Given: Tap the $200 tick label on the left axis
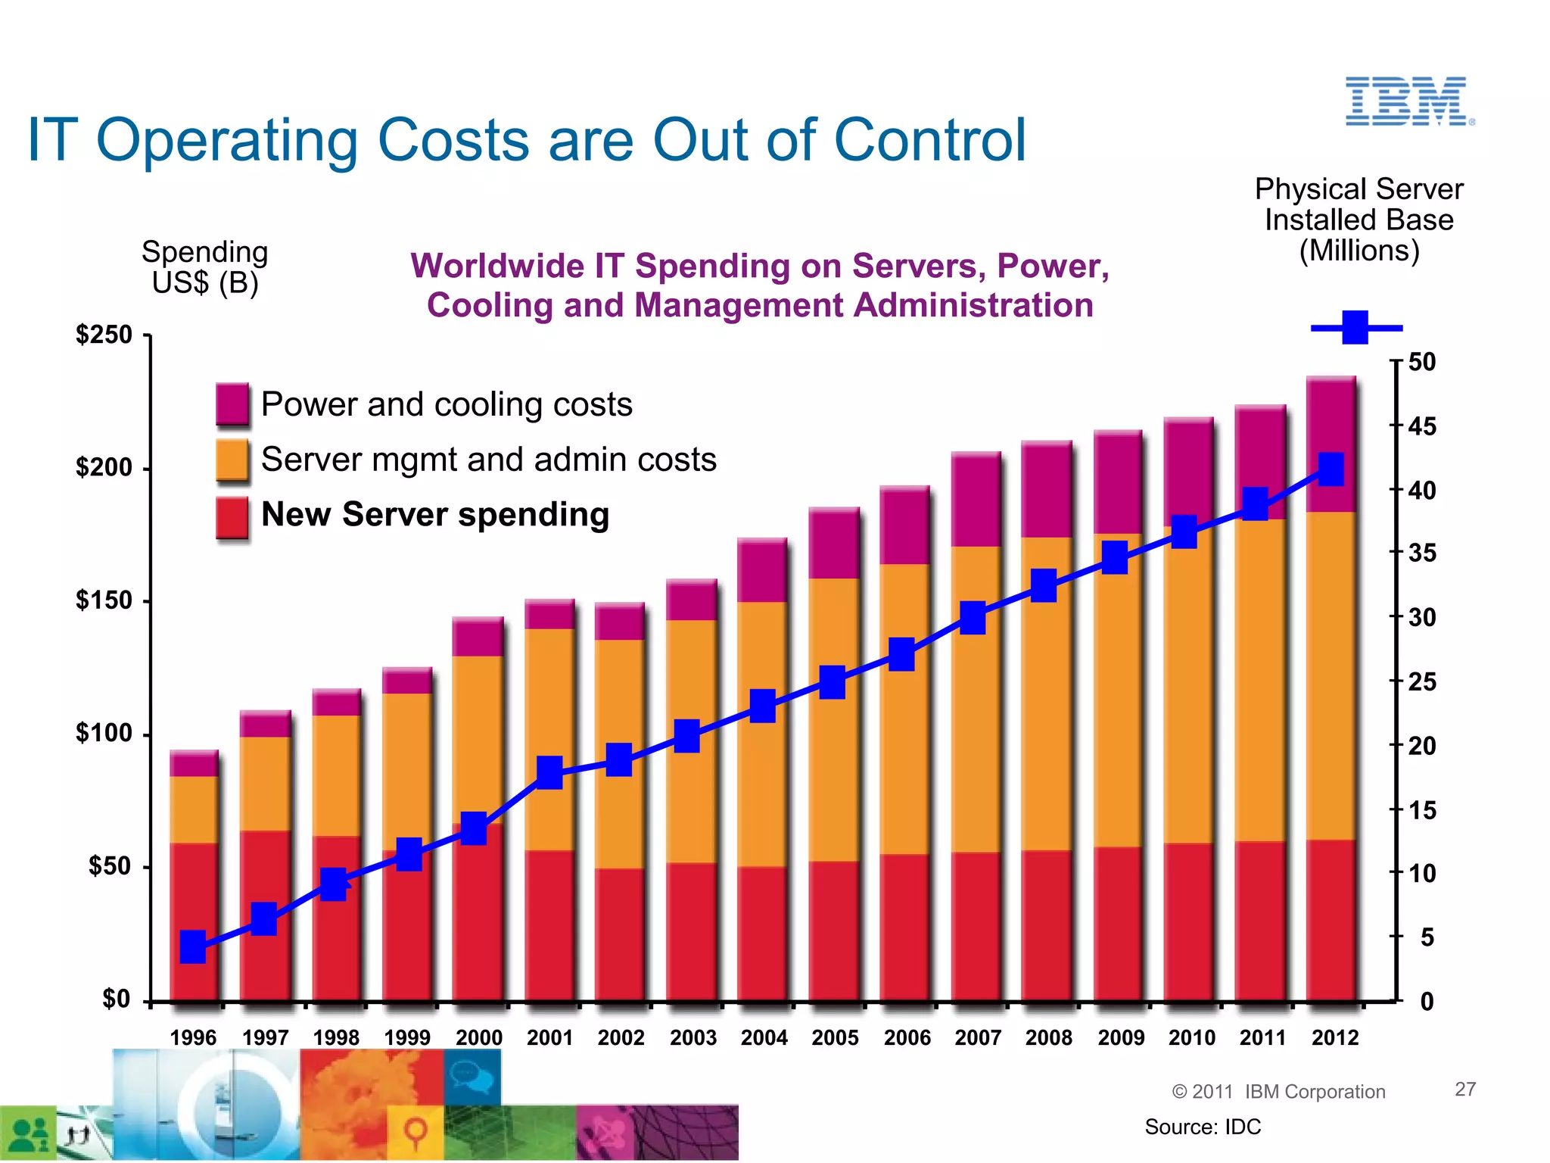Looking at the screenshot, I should click(x=104, y=468).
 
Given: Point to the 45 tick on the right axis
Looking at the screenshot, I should click(x=1421, y=426).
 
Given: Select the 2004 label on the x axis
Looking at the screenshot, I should click(x=764, y=1037).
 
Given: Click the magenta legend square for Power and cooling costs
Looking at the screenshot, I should click(x=232, y=404).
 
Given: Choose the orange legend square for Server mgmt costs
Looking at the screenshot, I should click(x=232, y=459).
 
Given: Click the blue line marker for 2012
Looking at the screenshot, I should click(x=1331, y=469).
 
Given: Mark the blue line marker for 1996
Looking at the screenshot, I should click(x=193, y=946).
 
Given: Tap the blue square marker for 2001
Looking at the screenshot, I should click(x=549, y=772).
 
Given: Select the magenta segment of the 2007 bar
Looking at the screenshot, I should click(x=976, y=500).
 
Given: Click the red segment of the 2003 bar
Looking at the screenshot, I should click(x=691, y=931).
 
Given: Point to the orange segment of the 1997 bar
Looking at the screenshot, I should click(x=265, y=784).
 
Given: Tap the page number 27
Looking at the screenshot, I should click(x=1465, y=1089).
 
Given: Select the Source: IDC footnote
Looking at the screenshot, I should click(x=1203, y=1127).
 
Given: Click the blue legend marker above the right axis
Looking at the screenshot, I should click(x=1355, y=328).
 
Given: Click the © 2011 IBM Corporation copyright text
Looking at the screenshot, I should click(x=1278, y=1091).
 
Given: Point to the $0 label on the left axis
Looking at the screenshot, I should click(x=116, y=999).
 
